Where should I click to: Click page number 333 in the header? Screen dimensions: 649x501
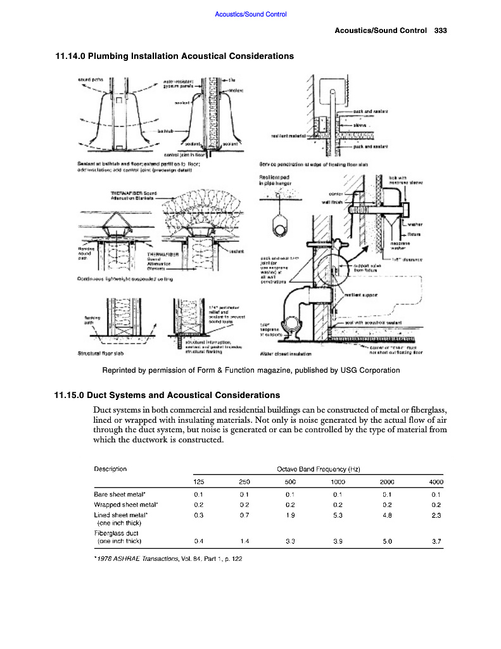click(441, 30)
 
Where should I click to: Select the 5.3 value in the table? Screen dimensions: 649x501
click(337, 515)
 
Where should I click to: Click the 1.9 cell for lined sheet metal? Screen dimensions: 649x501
click(291, 515)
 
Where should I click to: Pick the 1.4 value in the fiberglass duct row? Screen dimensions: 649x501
click(244, 541)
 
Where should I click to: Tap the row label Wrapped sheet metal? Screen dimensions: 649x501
click(125, 504)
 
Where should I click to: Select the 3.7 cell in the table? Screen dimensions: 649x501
click(436, 541)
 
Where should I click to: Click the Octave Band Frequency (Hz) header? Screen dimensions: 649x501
click(319, 469)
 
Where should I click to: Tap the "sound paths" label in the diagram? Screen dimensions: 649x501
click(90, 80)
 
